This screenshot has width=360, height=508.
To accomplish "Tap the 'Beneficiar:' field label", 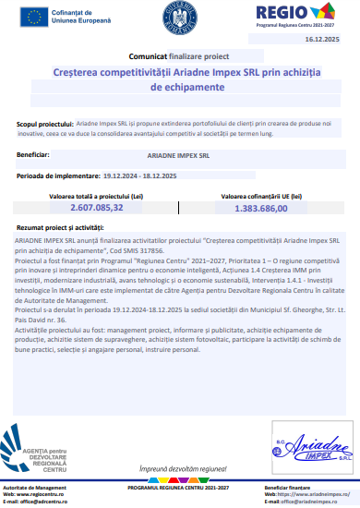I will pyautogui.click(x=34, y=155).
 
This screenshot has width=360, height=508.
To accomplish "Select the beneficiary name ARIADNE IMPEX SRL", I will pyautogui.click(x=178, y=156).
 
